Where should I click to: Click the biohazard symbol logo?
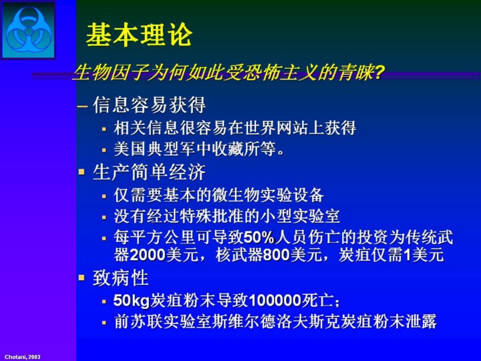28,30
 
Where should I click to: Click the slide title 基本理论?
139,35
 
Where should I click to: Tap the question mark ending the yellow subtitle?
379,74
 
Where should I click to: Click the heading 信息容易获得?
149,106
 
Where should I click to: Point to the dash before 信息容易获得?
82,106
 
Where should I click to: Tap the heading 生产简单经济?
149,172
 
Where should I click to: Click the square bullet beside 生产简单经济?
82,171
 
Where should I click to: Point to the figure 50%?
259,237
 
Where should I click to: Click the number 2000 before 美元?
148,255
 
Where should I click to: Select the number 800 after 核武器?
276,255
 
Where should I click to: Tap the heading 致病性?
121,278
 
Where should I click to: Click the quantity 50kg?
132,301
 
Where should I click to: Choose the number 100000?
275,301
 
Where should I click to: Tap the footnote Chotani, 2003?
23,357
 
